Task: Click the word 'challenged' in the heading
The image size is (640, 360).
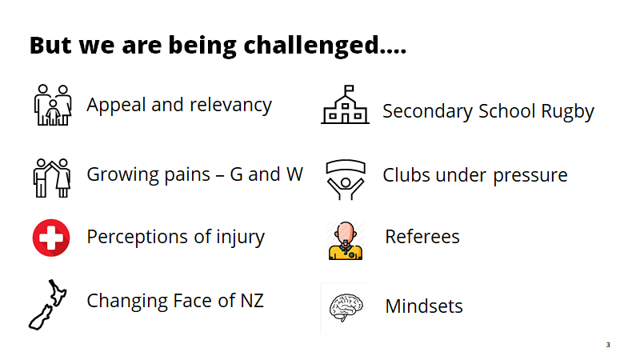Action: tap(311, 46)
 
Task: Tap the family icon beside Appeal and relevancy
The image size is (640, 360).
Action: tap(53, 105)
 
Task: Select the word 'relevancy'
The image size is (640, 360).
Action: tap(230, 106)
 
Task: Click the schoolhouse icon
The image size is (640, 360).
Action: tap(346, 105)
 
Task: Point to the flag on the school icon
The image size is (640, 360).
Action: tap(349, 89)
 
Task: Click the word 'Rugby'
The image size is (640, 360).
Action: tap(568, 112)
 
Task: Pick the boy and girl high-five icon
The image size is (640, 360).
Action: tap(52, 178)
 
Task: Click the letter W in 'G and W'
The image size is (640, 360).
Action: tap(294, 174)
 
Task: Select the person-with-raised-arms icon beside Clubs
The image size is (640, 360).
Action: tap(346, 179)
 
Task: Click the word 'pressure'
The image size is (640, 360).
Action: tap(530, 176)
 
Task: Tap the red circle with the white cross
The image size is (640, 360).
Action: tap(51, 238)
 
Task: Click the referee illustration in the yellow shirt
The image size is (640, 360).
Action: tap(346, 241)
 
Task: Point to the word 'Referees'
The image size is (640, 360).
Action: tap(422, 237)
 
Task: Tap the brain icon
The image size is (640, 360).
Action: tap(346, 308)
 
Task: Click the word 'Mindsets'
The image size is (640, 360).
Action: tap(424, 306)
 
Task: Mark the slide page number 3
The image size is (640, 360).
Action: tap(608, 345)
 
